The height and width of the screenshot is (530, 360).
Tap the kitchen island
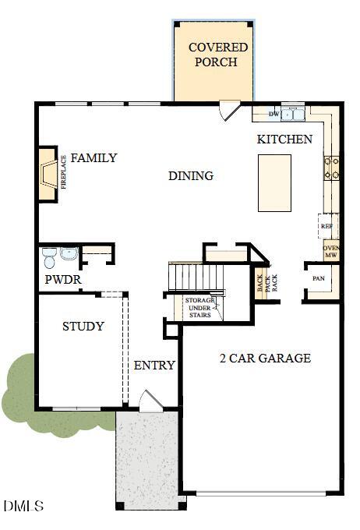[274, 182]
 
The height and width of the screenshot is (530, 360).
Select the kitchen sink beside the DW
[294, 115]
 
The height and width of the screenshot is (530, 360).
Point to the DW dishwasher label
[274, 115]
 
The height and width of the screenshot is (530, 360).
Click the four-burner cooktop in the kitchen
[332, 168]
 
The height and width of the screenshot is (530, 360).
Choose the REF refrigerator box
[328, 226]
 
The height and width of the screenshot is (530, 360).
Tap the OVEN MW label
[330, 252]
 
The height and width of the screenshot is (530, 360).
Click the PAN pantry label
[318, 278]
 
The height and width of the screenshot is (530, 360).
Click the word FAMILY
[94, 158]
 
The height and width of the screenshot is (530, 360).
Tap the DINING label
[191, 176]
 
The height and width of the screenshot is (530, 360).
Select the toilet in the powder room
[50, 256]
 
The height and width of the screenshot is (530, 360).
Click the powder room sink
[69, 253]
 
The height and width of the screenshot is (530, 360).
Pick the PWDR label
[62, 280]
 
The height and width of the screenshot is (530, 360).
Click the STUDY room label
[83, 327]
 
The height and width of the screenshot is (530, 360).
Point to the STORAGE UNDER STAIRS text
[199, 307]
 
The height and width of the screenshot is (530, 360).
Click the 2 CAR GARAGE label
[265, 359]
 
